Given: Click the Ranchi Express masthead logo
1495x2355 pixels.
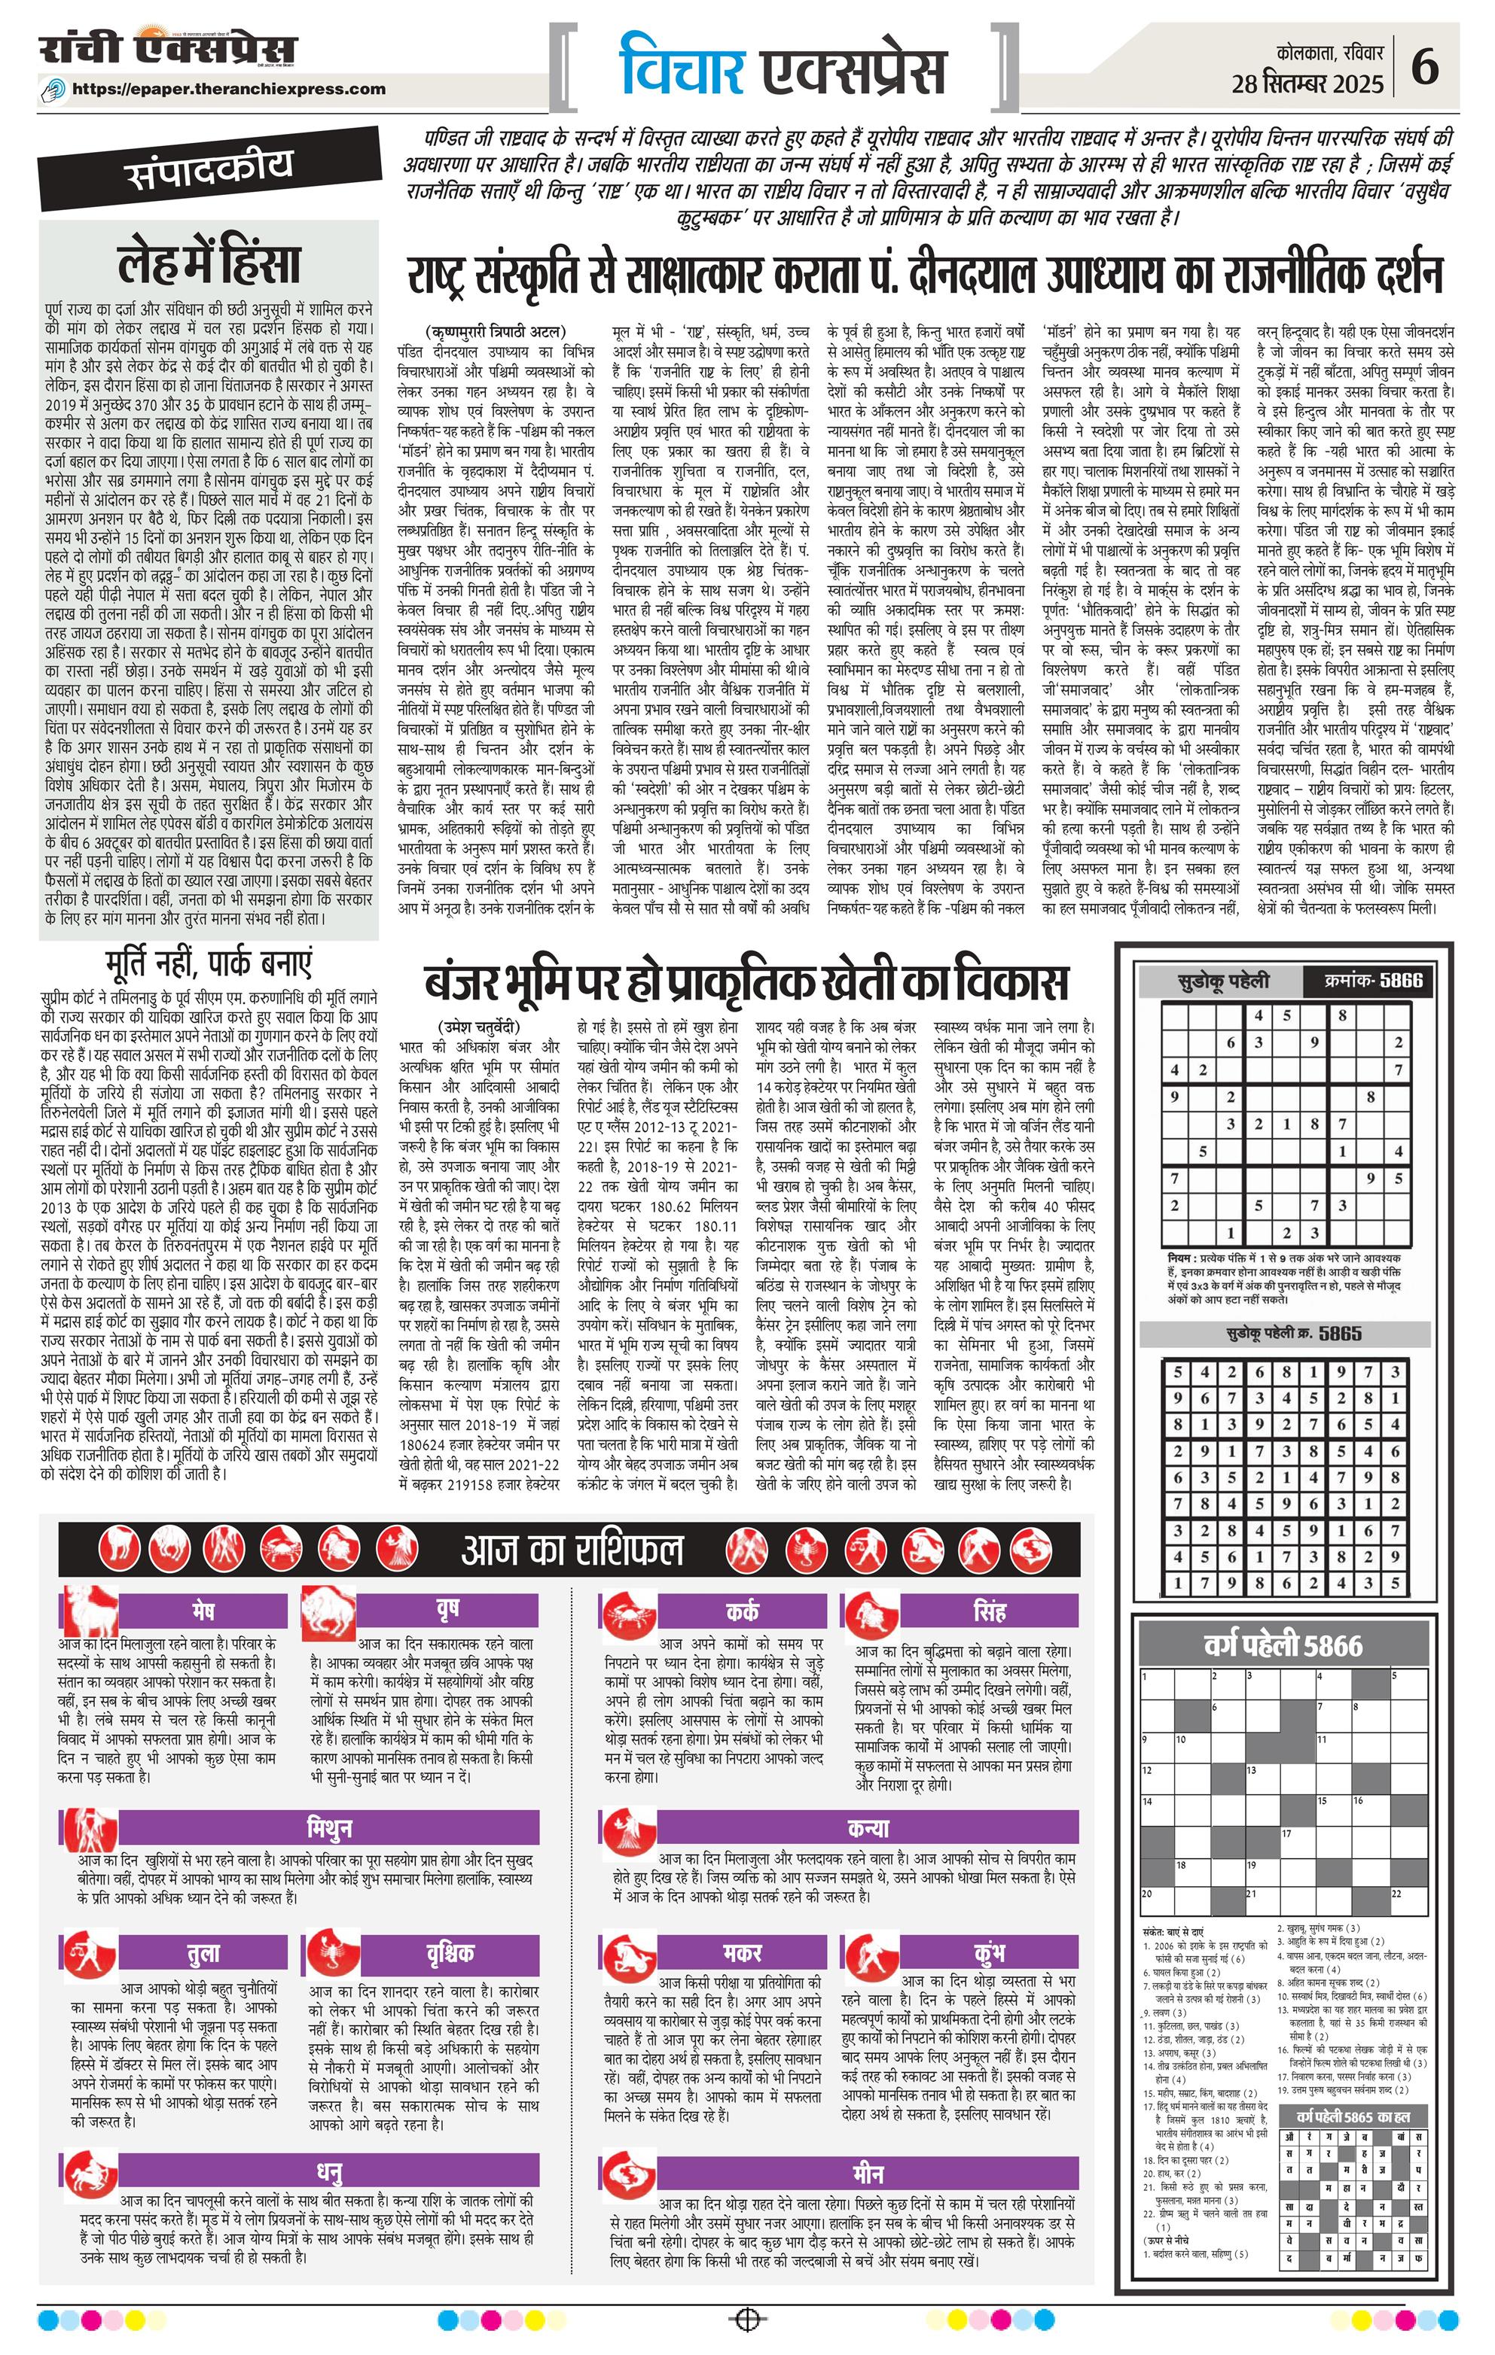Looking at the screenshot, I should pos(167,51).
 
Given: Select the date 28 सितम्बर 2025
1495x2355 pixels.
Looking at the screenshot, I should pos(1307,84).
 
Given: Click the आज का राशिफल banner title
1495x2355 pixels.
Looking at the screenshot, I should pos(572,1551).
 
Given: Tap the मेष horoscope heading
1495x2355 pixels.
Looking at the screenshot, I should pos(203,1611).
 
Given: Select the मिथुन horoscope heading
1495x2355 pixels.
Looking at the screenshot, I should pos(328,1827).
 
